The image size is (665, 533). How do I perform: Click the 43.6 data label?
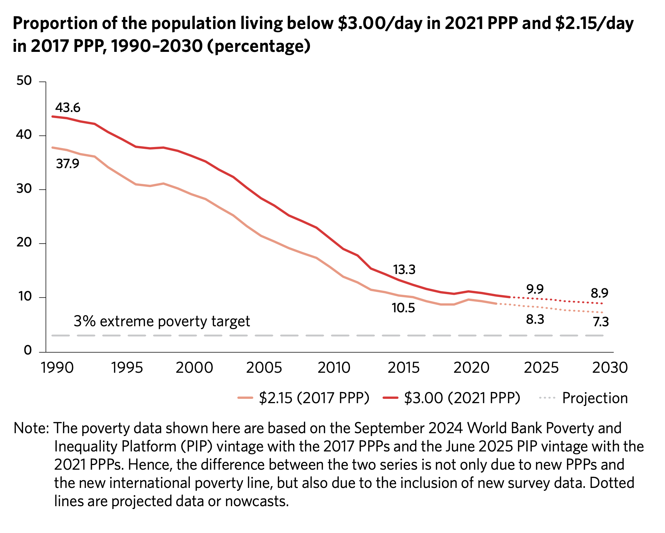click(x=68, y=108)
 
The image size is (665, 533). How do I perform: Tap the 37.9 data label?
click(x=68, y=164)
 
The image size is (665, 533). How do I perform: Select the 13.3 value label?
click(x=404, y=270)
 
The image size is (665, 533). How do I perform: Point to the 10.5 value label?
click(x=403, y=308)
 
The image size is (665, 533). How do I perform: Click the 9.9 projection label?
click(x=535, y=289)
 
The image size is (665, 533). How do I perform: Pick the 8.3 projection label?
click(x=535, y=319)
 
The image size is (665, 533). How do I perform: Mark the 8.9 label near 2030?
click(x=599, y=293)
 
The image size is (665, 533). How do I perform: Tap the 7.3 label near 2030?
click(x=601, y=322)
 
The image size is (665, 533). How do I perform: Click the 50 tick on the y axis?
click(x=24, y=81)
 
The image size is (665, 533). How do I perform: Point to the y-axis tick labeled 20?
click(x=24, y=243)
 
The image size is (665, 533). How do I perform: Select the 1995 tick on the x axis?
click(x=127, y=368)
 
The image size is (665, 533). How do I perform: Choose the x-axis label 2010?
click(x=334, y=368)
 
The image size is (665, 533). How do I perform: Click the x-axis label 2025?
click(x=541, y=368)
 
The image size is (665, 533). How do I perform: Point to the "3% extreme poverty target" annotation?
click(x=162, y=322)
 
